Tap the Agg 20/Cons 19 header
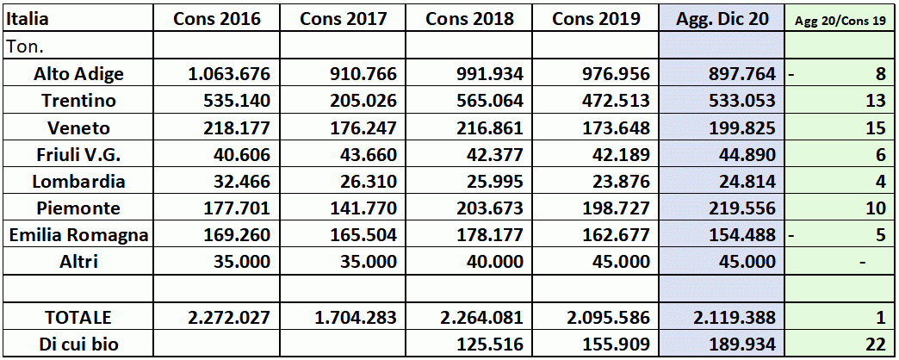coord(840,20)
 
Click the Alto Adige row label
coord(78,73)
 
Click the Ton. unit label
coord(26,46)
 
